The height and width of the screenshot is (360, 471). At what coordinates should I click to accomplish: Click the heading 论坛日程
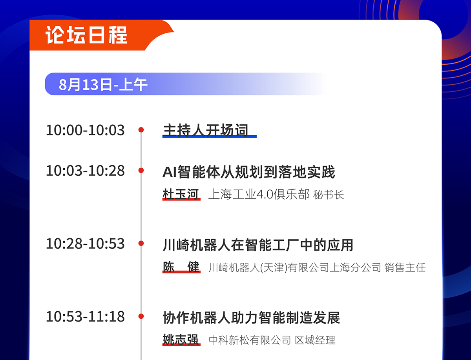point(86,35)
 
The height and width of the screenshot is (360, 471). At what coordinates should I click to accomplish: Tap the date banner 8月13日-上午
point(103,84)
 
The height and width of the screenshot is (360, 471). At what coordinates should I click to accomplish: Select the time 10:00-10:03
point(85,130)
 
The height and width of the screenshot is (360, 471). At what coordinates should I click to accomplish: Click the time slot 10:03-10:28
point(85,171)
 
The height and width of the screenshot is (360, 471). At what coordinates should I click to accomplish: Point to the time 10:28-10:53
point(85,244)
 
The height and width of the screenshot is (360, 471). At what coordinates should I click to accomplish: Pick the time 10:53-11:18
point(85,316)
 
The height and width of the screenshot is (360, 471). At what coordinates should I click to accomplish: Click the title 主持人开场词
point(206,130)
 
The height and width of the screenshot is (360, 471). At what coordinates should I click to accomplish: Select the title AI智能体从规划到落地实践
point(249,172)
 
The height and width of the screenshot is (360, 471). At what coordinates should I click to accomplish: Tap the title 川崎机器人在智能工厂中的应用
point(258,245)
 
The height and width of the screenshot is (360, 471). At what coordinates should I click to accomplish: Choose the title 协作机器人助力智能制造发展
point(252,318)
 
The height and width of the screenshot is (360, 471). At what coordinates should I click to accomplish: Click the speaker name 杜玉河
point(181,194)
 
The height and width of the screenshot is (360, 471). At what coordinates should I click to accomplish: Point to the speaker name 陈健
point(181,267)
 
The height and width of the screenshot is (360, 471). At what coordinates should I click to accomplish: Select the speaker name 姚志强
point(181,340)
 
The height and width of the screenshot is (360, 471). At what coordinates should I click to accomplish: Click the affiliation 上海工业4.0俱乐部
point(259,195)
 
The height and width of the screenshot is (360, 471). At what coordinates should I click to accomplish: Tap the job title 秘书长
point(328,195)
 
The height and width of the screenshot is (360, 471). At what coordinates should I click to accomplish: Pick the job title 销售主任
point(405,267)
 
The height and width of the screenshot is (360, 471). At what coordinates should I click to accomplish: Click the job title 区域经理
point(315,340)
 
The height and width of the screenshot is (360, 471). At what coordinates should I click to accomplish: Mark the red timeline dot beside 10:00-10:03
point(141,130)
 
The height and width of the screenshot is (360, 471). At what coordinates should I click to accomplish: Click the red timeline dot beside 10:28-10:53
point(141,244)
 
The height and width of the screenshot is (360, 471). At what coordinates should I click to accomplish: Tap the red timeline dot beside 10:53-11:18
point(141,316)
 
